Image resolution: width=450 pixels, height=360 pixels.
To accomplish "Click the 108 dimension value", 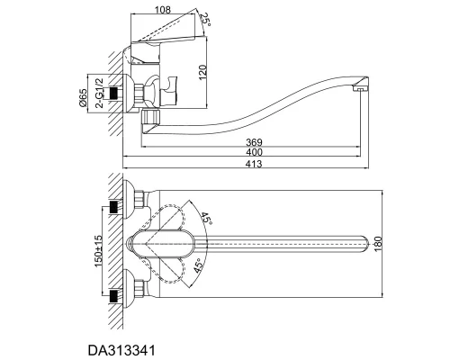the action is tap(162, 10).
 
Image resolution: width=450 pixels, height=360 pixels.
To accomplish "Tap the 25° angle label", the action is tap(205, 20).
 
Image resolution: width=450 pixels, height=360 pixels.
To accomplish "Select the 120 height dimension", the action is tap(202, 72).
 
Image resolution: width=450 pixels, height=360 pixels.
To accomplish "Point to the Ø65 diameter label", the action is tap(83, 98).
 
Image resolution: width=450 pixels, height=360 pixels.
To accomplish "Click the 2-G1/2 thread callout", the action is tap(99, 93).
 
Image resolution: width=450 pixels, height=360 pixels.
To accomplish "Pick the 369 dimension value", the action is tap(254, 142).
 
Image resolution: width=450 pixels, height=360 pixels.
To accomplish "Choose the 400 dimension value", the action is tap(254, 152).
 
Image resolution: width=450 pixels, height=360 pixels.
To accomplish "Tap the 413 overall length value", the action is tap(254, 164).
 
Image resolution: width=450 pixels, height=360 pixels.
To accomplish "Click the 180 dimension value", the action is tap(378, 244).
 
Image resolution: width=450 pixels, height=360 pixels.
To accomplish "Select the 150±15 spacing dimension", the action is tap(98, 251).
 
